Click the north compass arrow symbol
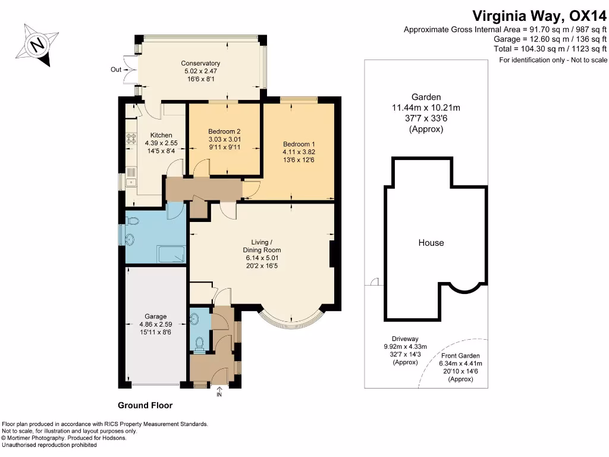point(38,45)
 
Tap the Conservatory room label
point(202,63)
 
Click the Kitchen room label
point(161,135)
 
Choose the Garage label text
point(156,317)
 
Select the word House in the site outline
point(431,243)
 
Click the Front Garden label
point(461,355)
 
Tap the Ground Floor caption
point(145,405)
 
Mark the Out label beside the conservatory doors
point(116,70)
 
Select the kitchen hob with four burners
point(131,140)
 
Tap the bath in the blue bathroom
point(171,255)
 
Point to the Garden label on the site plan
point(426,97)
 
